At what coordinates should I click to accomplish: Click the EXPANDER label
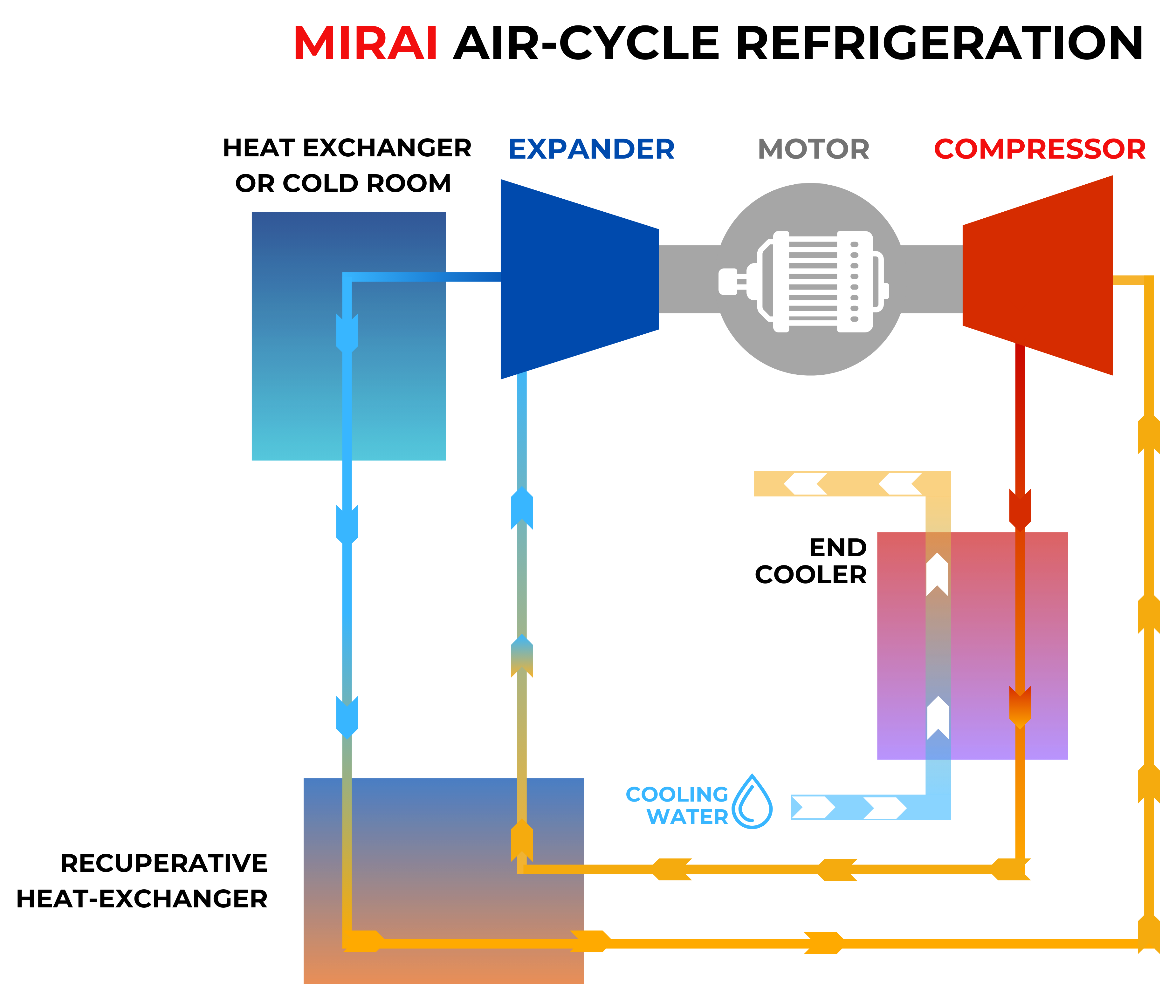tap(591, 149)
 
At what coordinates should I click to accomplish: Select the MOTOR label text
tap(813, 149)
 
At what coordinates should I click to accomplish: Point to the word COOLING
tap(677, 794)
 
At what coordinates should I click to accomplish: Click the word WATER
tap(687, 817)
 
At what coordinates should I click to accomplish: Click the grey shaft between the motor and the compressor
tap(932, 279)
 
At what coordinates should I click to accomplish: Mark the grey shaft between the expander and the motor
tap(689, 279)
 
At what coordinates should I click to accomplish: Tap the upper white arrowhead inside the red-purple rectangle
tap(937, 575)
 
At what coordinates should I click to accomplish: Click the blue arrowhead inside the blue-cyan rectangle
tap(347, 333)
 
